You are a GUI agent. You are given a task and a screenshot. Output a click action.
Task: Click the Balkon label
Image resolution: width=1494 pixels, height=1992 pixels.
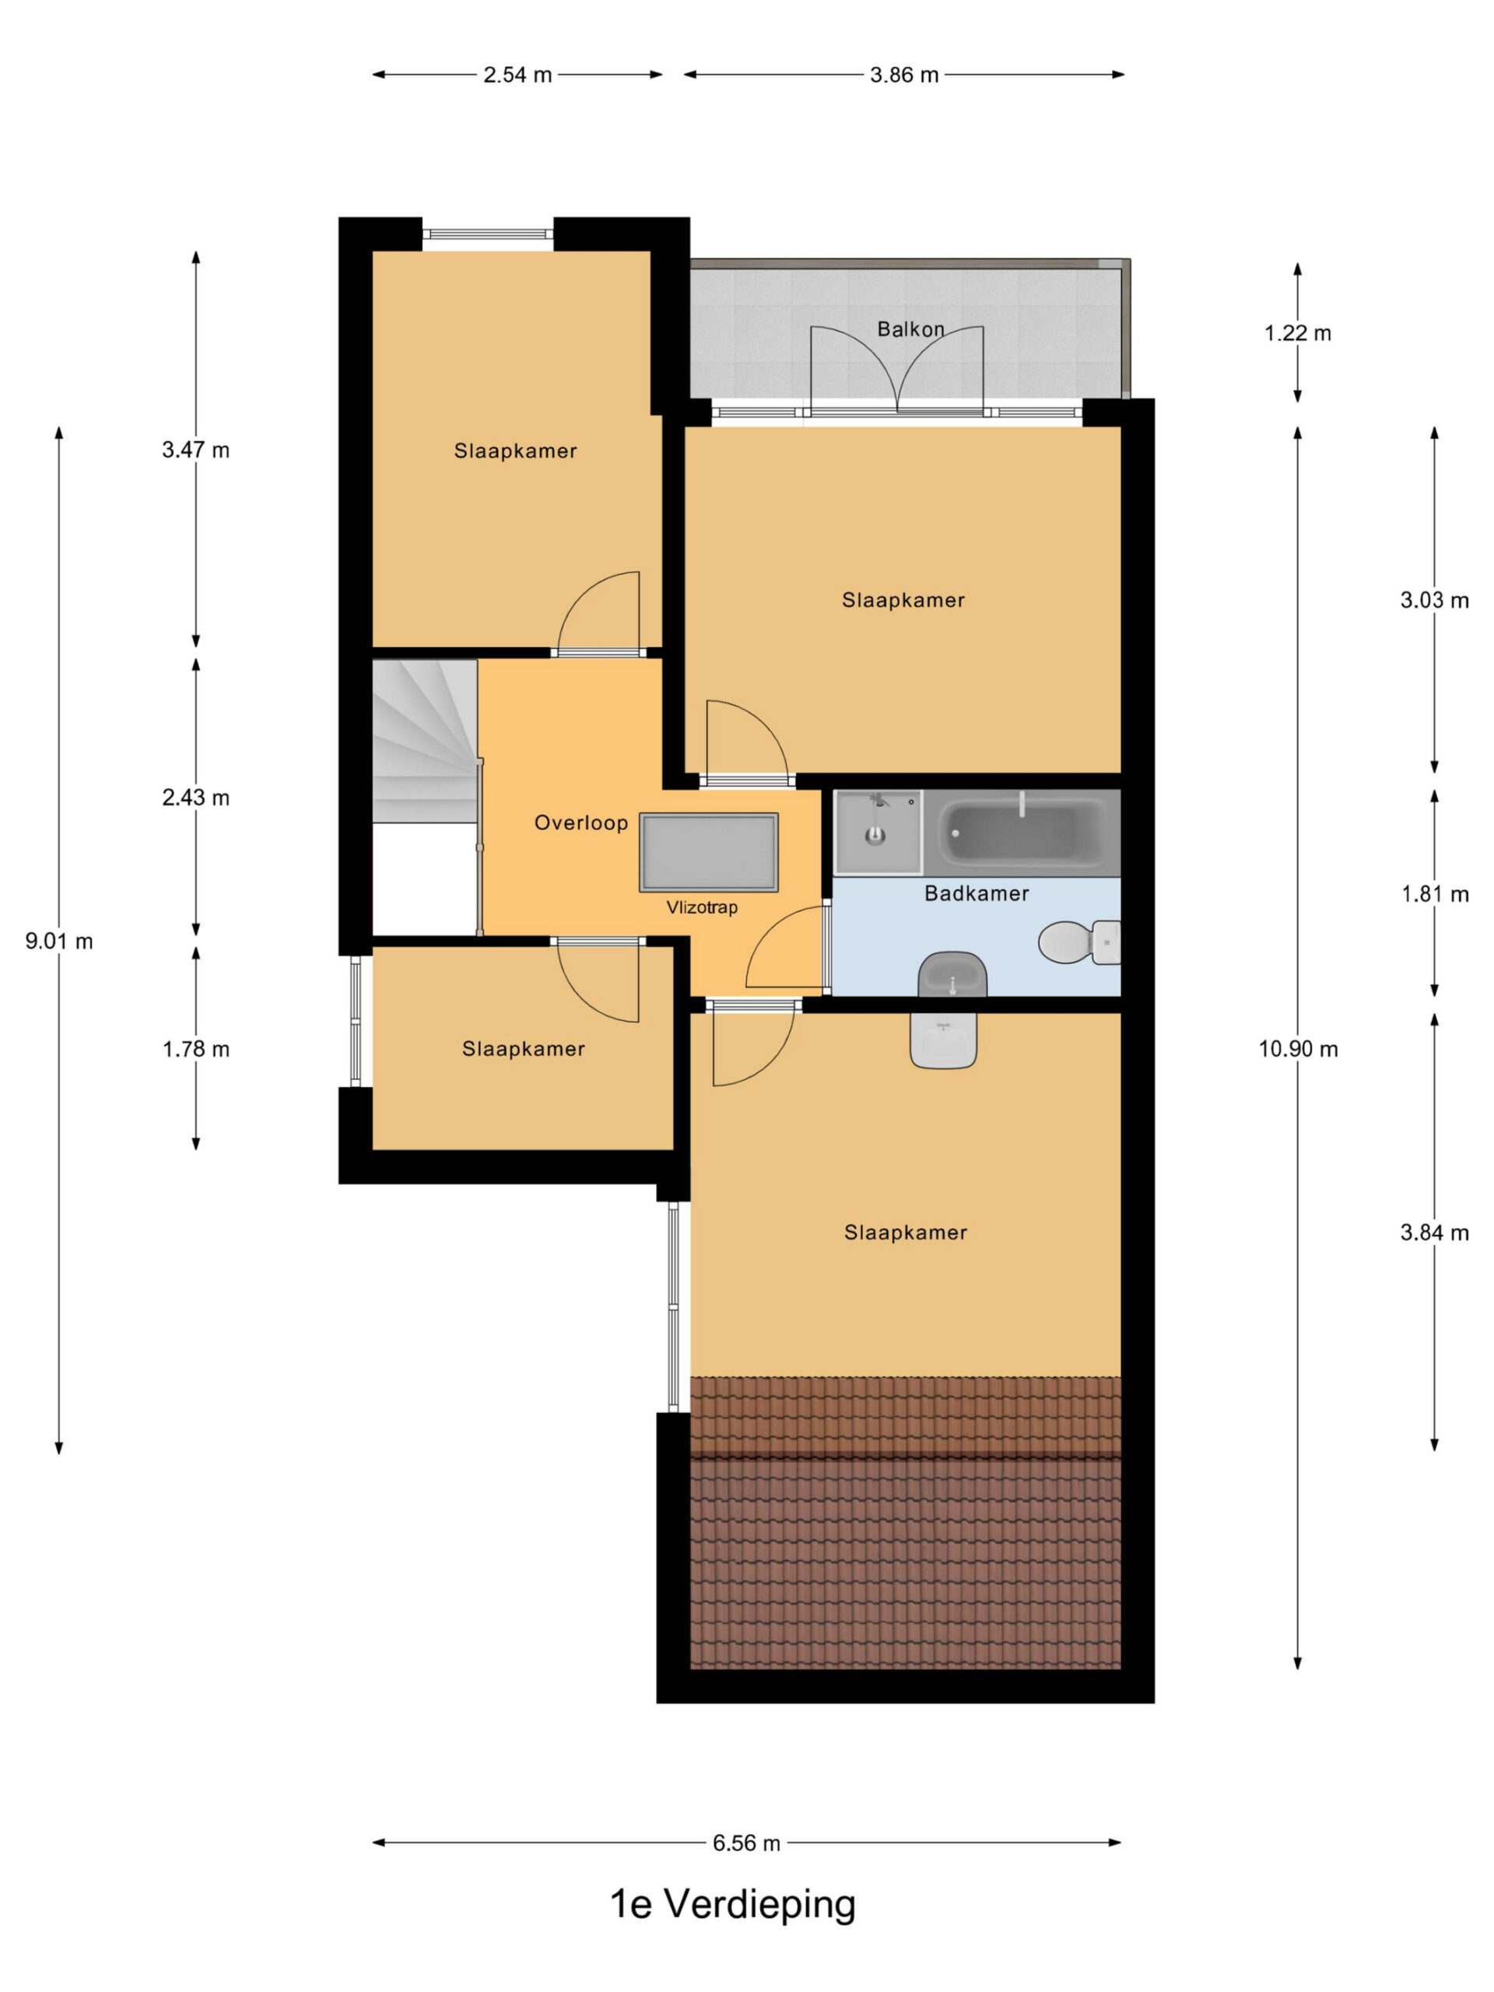pos(910,330)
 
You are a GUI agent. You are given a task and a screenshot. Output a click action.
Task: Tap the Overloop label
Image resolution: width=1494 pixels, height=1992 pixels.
pos(580,822)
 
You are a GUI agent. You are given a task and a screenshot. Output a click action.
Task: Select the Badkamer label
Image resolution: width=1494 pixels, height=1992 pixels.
pos(977,893)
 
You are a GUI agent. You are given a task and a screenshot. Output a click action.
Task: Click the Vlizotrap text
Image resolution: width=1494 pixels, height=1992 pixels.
pos(702,907)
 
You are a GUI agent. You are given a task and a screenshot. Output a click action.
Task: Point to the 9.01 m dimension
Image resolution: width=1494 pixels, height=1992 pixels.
pos(58,941)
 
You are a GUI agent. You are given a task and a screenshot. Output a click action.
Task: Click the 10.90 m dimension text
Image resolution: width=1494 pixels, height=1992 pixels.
pos(1298,1048)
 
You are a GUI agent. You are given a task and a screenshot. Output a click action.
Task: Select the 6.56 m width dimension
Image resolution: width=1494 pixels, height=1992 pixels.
pos(746,1843)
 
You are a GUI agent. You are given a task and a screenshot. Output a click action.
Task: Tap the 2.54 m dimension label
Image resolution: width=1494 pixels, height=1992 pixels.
pos(517,75)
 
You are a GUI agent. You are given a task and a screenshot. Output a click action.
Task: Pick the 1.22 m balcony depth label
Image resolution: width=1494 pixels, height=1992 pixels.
pos(1298,333)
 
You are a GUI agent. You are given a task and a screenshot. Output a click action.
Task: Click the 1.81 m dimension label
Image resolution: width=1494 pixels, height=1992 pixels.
pos(1435,894)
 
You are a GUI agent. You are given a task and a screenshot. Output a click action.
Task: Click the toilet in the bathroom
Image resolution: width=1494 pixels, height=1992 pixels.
pos(1078,942)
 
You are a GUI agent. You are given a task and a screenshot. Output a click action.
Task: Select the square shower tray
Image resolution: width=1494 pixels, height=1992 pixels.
pos(877,832)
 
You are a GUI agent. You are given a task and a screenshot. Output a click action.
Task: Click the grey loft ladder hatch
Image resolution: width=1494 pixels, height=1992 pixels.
pos(709,852)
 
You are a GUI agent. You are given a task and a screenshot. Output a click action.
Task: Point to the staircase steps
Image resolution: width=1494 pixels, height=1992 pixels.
pos(424,740)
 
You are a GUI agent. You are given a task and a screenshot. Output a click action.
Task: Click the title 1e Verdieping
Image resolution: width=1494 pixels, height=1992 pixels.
pos(732,1905)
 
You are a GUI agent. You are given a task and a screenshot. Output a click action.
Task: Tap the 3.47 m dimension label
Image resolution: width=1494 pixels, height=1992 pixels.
pos(195,450)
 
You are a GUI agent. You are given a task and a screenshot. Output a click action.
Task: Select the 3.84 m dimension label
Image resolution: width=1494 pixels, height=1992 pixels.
pos(1435,1233)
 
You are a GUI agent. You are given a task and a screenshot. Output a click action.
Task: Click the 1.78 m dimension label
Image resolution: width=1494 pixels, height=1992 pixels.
pos(195,1049)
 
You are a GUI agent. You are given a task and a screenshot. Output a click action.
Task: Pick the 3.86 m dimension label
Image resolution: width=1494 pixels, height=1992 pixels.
pos(904,75)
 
